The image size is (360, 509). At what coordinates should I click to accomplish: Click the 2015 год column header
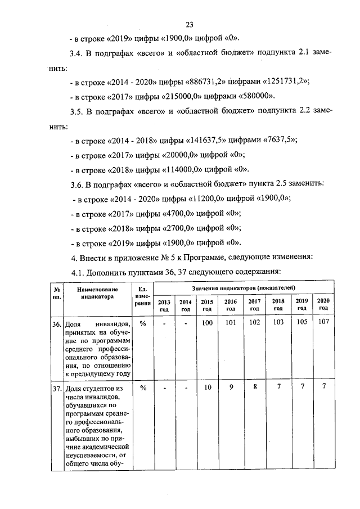207,305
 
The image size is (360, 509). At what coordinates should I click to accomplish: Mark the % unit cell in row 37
142,388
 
